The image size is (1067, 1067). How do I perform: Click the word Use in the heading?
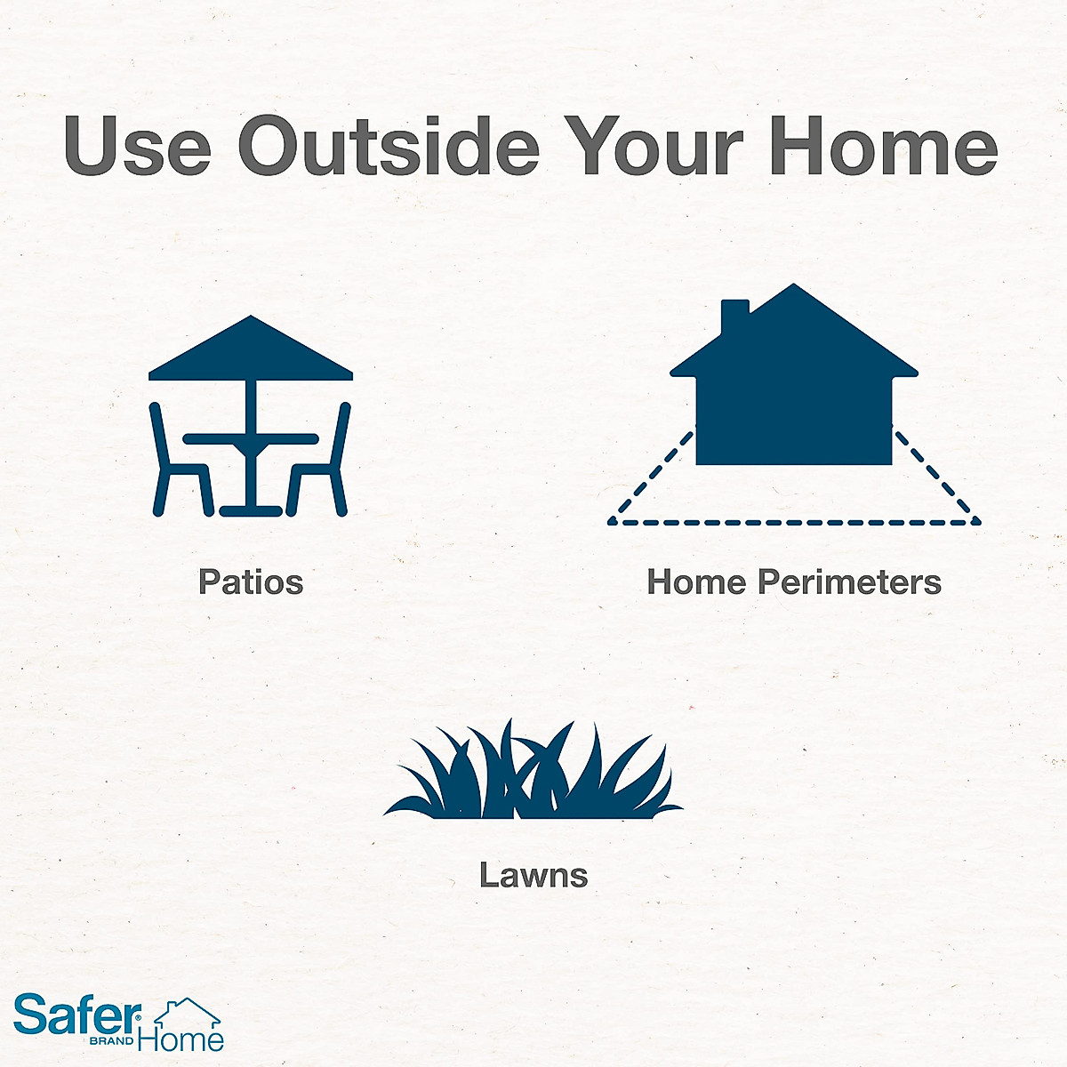138,145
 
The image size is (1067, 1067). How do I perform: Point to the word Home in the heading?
884,145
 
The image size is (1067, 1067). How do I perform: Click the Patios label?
251,582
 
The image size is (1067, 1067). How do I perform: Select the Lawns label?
533,875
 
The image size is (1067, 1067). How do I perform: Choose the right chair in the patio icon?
318,459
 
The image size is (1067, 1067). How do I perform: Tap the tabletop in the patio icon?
251,439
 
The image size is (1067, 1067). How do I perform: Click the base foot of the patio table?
251,510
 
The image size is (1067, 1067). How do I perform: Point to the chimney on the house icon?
734,317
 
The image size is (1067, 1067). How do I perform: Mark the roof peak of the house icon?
793,285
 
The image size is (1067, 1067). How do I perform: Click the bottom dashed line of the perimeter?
794,522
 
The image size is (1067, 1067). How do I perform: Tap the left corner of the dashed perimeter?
611,522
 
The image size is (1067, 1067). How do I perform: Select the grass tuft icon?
533,770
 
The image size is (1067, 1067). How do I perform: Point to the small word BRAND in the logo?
111,1041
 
